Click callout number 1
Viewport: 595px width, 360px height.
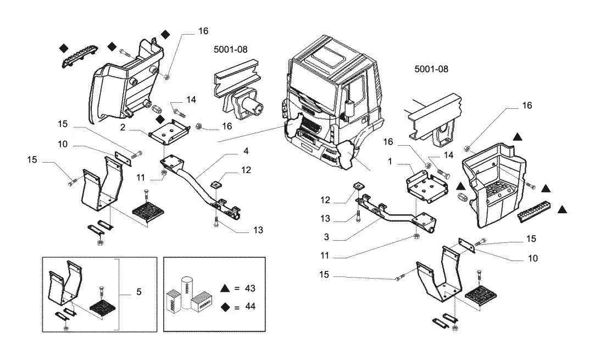coord(390,162)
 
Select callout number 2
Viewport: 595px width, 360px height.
coord(123,127)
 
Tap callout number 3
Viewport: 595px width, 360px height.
coord(326,237)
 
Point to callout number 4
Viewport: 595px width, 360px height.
coord(246,151)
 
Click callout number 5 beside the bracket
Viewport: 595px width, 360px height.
coord(139,292)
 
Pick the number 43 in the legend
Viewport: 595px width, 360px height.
coord(250,288)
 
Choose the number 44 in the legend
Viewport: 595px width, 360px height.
coord(250,306)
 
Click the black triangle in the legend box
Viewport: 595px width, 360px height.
coord(225,288)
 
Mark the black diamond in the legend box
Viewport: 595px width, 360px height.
coord(225,307)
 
